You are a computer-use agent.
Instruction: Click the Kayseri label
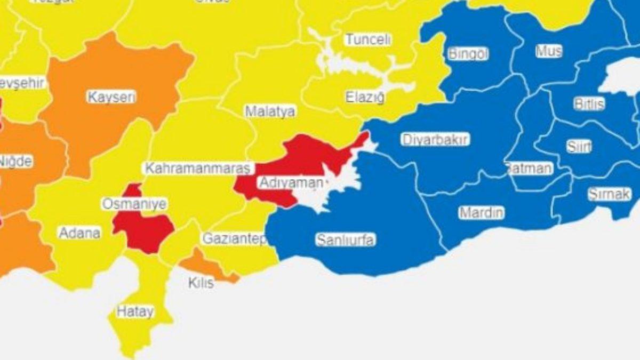(111, 98)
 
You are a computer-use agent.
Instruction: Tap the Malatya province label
(270, 112)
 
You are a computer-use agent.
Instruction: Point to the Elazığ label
(365, 98)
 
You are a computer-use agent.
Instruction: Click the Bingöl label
(468, 54)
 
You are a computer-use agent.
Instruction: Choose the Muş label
(549, 51)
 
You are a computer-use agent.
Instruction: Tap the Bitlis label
(589, 104)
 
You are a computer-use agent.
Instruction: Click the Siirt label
(579, 148)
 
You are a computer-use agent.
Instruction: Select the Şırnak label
(609, 195)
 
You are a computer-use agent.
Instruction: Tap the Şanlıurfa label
(345, 240)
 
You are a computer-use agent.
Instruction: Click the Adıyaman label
(291, 183)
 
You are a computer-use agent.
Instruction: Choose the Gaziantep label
(235, 239)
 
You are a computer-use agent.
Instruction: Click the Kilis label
(201, 282)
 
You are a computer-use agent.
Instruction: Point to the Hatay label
(135, 312)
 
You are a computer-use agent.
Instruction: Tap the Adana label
(79, 233)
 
